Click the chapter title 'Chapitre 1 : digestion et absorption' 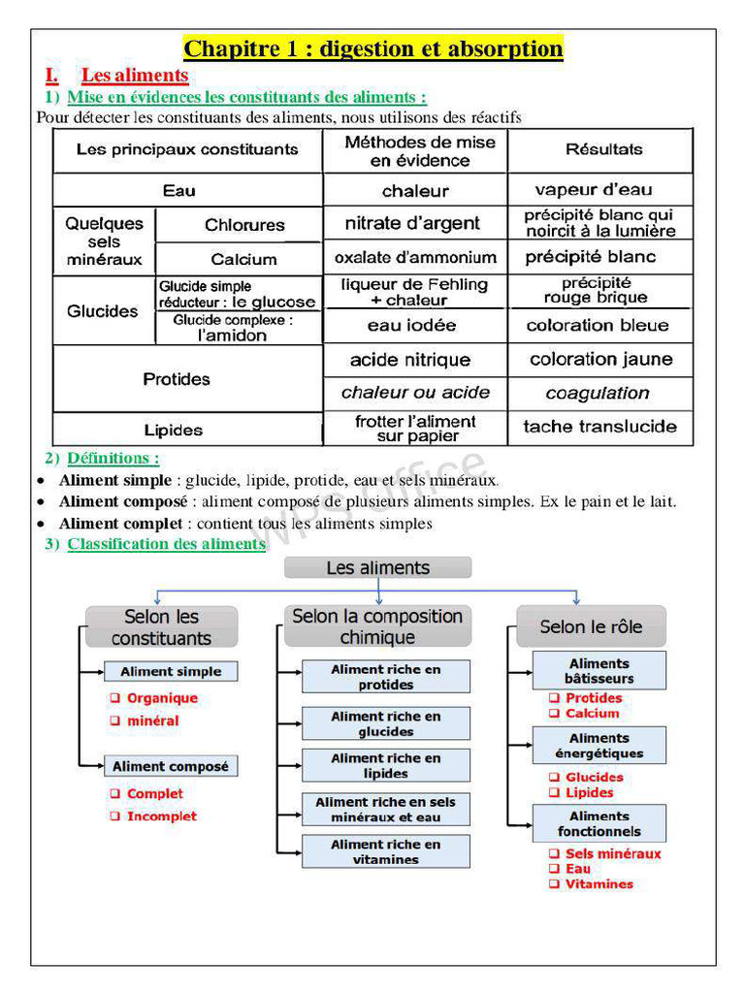(373, 48)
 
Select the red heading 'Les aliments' (134, 76)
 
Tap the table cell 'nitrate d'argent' (412, 223)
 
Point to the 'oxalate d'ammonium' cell (415, 258)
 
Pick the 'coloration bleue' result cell (598, 326)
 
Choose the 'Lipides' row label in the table (174, 430)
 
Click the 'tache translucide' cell (599, 427)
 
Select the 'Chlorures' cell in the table (244, 225)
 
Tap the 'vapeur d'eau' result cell (594, 190)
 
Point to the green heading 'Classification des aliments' (166, 544)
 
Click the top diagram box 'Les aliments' (377, 568)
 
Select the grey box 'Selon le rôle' (591, 626)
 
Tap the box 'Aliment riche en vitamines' (385, 851)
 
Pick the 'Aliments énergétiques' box (599, 746)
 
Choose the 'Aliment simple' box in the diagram (171, 671)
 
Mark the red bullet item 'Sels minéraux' (613, 854)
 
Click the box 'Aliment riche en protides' (385, 677)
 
